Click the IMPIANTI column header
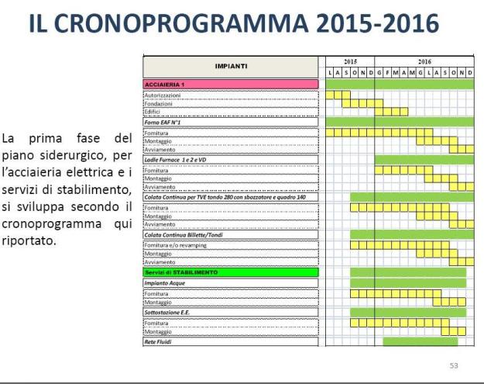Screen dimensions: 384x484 coord(231,67)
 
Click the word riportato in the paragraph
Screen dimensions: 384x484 coord(26,240)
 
